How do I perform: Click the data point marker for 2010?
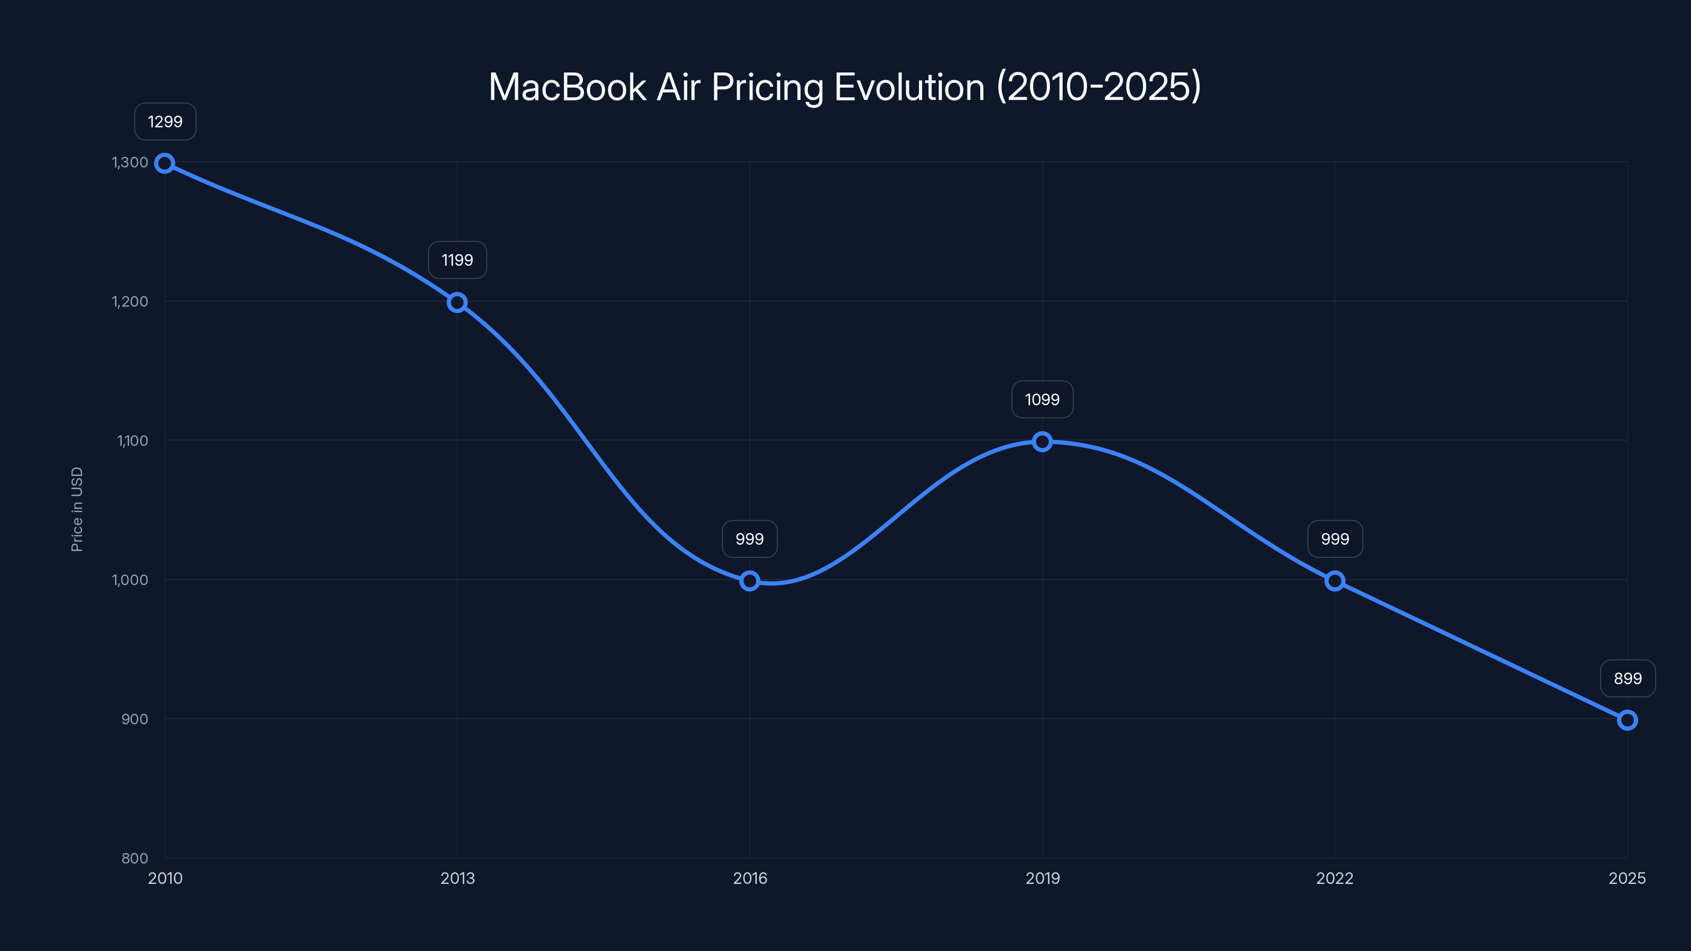click(165, 163)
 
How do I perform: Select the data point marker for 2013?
click(457, 303)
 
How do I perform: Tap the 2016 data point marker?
click(750, 581)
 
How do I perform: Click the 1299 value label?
click(165, 122)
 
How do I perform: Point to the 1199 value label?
click(457, 260)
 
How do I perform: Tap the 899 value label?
click(1628, 678)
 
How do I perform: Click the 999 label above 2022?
click(1334, 539)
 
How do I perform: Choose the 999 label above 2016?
click(750, 539)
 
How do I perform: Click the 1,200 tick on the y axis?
click(130, 301)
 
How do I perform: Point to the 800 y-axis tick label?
click(135, 858)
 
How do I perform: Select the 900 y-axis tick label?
click(135, 719)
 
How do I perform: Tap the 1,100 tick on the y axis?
click(133, 441)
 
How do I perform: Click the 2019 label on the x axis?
click(1043, 878)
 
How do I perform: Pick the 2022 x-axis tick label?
click(1334, 878)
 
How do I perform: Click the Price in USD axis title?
click(77, 509)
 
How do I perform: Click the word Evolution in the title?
click(909, 87)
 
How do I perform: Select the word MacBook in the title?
click(567, 87)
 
